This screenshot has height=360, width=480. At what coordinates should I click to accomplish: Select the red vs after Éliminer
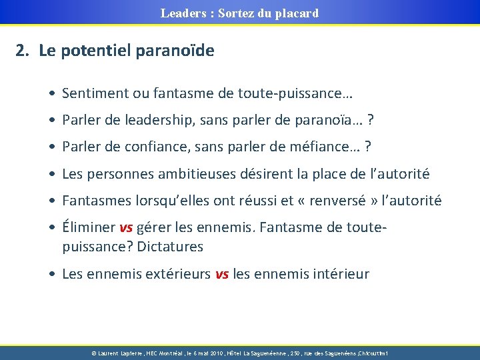(126, 228)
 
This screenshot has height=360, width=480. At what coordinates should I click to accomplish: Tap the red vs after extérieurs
(222, 273)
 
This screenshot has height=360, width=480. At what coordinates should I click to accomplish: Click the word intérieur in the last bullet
(339, 273)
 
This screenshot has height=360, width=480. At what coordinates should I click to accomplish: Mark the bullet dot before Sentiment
(52, 94)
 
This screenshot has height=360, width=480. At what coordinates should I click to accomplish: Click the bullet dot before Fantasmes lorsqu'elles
(52, 201)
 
